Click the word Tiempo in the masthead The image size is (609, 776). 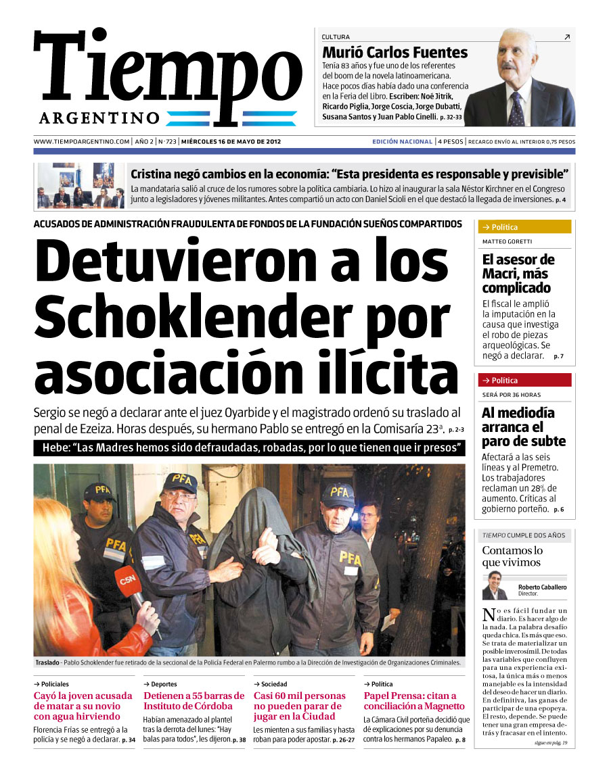pyautogui.click(x=167, y=71)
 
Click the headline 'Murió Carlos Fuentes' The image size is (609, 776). pyautogui.click(x=394, y=52)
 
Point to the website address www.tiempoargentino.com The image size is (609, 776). pyautogui.click(x=81, y=142)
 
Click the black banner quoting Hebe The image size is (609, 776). pyautogui.click(x=249, y=448)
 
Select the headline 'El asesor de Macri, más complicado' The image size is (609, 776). pyautogui.click(x=518, y=274)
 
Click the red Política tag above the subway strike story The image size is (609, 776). pyautogui.click(x=524, y=380)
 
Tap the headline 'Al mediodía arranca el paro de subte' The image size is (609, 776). pyautogui.click(x=523, y=427)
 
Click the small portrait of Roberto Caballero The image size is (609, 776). pyautogui.click(x=495, y=585)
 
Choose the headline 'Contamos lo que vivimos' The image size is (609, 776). pyautogui.click(x=512, y=556)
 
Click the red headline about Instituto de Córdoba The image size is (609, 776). pyautogui.click(x=194, y=701)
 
